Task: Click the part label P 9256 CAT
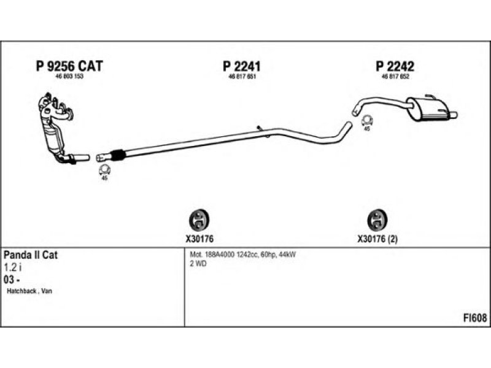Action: [69, 66]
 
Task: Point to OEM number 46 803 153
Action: [69, 77]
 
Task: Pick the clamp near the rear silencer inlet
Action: [366, 120]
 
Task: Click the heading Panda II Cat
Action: [31, 255]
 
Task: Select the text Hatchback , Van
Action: [29, 291]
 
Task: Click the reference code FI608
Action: [475, 318]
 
